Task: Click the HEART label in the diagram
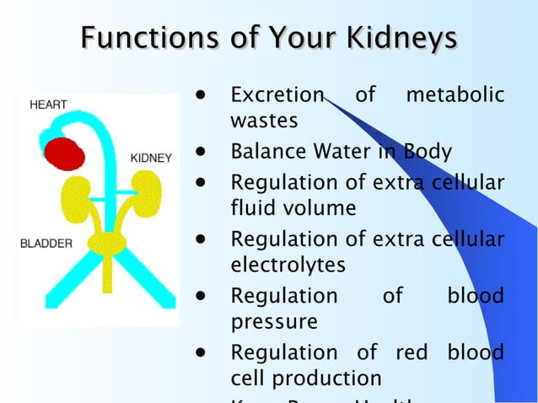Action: tap(48, 105)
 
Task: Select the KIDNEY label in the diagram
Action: tap(152, 159)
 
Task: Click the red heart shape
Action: tap(64, 154)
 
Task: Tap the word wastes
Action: tap(264, 121)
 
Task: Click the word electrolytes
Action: tap(288, 265)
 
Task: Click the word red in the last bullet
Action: tap(412, 352)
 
